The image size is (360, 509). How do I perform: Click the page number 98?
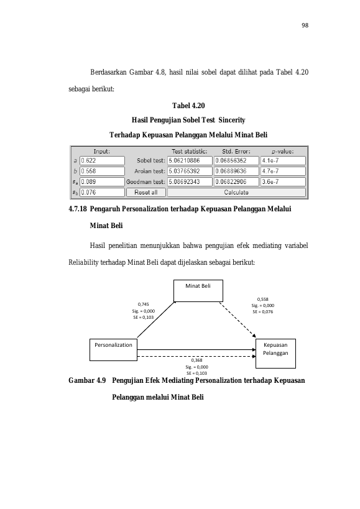pos(305,25)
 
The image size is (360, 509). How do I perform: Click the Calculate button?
pos(236,193)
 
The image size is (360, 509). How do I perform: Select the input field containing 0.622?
pos(102,161)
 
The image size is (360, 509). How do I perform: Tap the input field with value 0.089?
pos(102,181)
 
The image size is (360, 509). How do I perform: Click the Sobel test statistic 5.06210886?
pos(190,161)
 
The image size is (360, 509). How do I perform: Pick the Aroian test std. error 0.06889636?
pos(236,171)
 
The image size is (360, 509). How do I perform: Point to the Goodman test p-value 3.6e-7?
pos(283,181)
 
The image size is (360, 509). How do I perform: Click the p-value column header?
pos(283,151)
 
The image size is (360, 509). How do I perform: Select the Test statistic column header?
pos(190,151)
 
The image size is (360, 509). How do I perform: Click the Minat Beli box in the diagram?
pos(198,291)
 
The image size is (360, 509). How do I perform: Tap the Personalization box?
pos(113,350)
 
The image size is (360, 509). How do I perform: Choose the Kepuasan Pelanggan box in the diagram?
pos(275,354)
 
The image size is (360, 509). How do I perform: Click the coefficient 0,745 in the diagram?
pos(144,304)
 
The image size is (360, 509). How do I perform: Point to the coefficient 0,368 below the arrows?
pos(196,360)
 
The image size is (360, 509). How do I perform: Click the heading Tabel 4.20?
pos(188,106)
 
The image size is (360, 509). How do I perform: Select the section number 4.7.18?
pos(78,209)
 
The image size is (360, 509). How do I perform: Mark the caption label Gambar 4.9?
pos(87,380)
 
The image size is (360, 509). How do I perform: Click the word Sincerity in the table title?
pos(232,120)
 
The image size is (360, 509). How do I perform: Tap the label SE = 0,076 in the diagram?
pos(263,311)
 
